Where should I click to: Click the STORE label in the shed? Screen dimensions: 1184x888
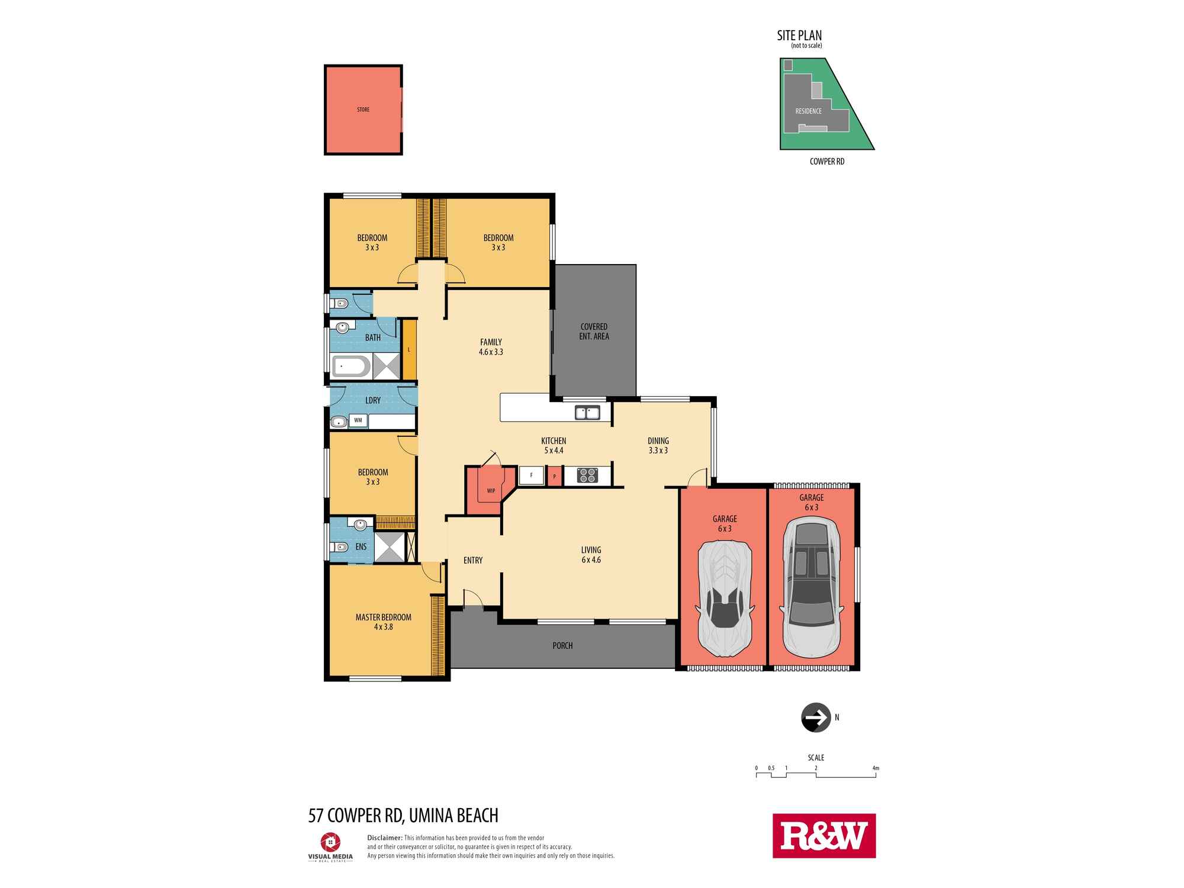(363, 110)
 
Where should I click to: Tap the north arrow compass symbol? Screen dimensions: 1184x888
(816, 718)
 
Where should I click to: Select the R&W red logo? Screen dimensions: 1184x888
(824, 836)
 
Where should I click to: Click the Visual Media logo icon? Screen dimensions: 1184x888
(330, 842)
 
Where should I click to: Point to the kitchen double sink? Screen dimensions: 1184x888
(587, 412)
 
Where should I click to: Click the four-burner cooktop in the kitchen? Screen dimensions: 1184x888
(587, 475)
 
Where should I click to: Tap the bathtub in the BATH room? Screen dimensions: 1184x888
(352, 366)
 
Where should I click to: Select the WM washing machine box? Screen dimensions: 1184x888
(358, 420)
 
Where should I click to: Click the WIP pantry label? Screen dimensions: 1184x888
(491, 491)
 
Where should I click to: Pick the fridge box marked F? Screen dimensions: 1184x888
(532, 475)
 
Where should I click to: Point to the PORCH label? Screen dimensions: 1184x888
(562, 645)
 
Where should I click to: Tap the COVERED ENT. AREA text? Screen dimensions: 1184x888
(594, 332)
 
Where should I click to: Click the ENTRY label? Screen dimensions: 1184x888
(473, 560)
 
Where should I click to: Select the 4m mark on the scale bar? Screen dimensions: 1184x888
(876, 768)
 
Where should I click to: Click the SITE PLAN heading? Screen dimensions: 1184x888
(799, 36)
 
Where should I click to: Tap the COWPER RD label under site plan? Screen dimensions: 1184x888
(827, 161)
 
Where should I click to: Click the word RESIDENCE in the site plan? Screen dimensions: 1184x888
(809, 111)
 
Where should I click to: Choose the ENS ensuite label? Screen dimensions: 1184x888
(361, 546)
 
